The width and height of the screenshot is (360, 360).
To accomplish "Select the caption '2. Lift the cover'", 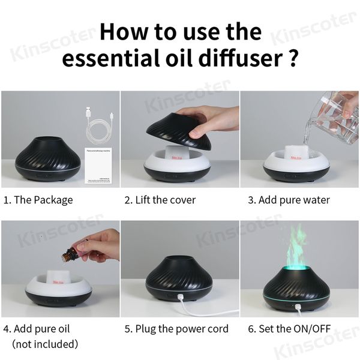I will point(160,200).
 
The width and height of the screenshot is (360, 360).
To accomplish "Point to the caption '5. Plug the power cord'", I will point(176,329).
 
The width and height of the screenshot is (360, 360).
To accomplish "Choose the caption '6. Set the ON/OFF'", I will point(289,329).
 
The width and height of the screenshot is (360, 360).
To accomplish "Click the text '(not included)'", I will point(45,344).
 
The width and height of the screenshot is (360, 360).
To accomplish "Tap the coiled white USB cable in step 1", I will point(95,128).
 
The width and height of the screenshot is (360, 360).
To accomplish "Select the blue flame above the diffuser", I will point(300,249).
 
